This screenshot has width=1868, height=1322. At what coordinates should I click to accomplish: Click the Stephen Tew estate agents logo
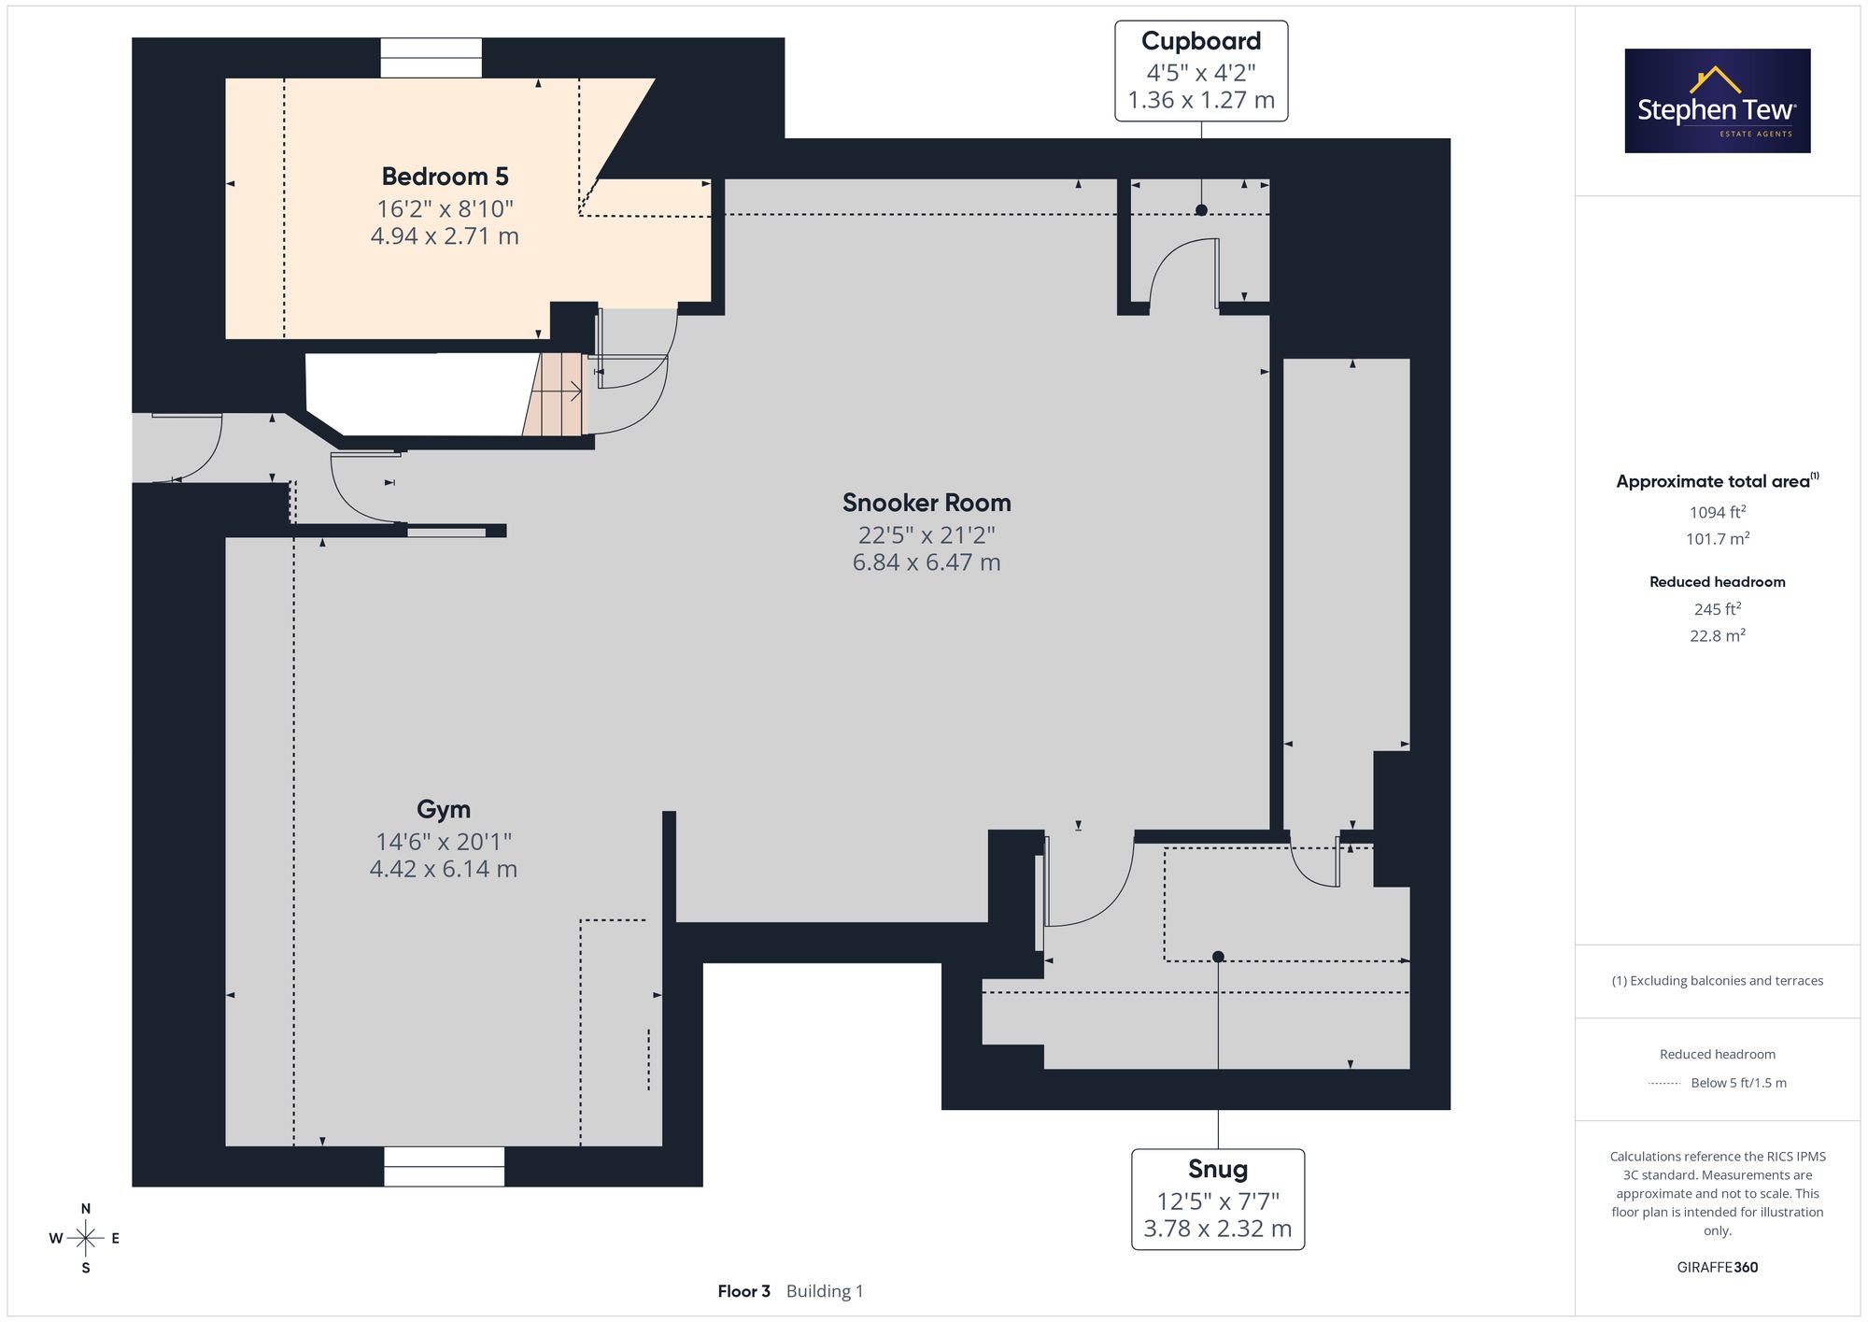coord(1718,101)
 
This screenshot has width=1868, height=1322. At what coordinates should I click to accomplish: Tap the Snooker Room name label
coord(927,503)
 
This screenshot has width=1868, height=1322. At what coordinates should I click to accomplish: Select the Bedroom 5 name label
coord(446,177)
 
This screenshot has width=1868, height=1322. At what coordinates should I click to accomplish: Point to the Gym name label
coord(444,809)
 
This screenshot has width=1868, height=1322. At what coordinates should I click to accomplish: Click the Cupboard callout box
coord(1201,71)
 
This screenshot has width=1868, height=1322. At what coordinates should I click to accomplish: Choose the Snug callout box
coord(1218,1199)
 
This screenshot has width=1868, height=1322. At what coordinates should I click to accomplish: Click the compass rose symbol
coord(85,1238)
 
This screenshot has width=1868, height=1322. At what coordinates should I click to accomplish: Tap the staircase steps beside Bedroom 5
coord(553,394)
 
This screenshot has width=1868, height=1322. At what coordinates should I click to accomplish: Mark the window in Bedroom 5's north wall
coord(431,58)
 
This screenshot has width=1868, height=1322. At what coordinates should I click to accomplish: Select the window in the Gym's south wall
coord(444,1166)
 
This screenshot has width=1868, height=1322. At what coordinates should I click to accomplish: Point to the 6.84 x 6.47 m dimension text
coord(927,562)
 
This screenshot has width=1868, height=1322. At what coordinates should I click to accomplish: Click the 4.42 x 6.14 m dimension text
coord(444,869)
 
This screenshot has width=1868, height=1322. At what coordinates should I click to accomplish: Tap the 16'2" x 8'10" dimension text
coord(446,208)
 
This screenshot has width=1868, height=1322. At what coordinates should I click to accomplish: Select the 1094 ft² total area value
coord(1718,512)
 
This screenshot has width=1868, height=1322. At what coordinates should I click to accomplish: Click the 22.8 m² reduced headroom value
coord(1718,635)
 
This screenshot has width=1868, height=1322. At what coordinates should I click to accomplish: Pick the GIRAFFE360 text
coord(1718,1268)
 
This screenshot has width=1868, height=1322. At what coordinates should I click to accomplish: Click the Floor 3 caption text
coord(744,1291)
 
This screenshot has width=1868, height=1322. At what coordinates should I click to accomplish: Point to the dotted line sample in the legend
coord(1664,1084)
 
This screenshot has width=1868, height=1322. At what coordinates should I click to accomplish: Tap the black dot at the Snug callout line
coord(1218,957)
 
